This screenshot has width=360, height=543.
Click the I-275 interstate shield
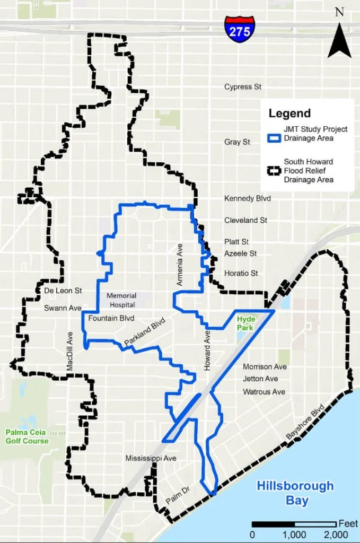click(x=239, y=29)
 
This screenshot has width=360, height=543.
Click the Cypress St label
click(x=243, y=86)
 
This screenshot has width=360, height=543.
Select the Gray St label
click(x=237, y=142)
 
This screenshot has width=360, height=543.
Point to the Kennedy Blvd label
click(x=248, y=198)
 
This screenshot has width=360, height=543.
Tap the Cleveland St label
click(x=245, y=220)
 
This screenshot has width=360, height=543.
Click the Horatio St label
click(x=241, y=274)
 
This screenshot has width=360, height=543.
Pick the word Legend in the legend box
click(x=289, y=113)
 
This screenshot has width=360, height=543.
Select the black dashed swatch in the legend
click(x=273, y=171)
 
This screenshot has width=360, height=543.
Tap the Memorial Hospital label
click(x=121, y=300)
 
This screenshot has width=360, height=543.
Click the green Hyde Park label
click(x=245, y=323)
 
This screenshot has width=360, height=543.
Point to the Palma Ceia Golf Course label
click(x=27, y=436)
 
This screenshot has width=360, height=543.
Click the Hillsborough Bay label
click(x=295, y=493)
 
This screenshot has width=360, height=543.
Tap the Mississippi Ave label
click(x=151, y=458)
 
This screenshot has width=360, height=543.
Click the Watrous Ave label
click(x=264, y=392)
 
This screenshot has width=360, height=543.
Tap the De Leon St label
click(x=63, y=291)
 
